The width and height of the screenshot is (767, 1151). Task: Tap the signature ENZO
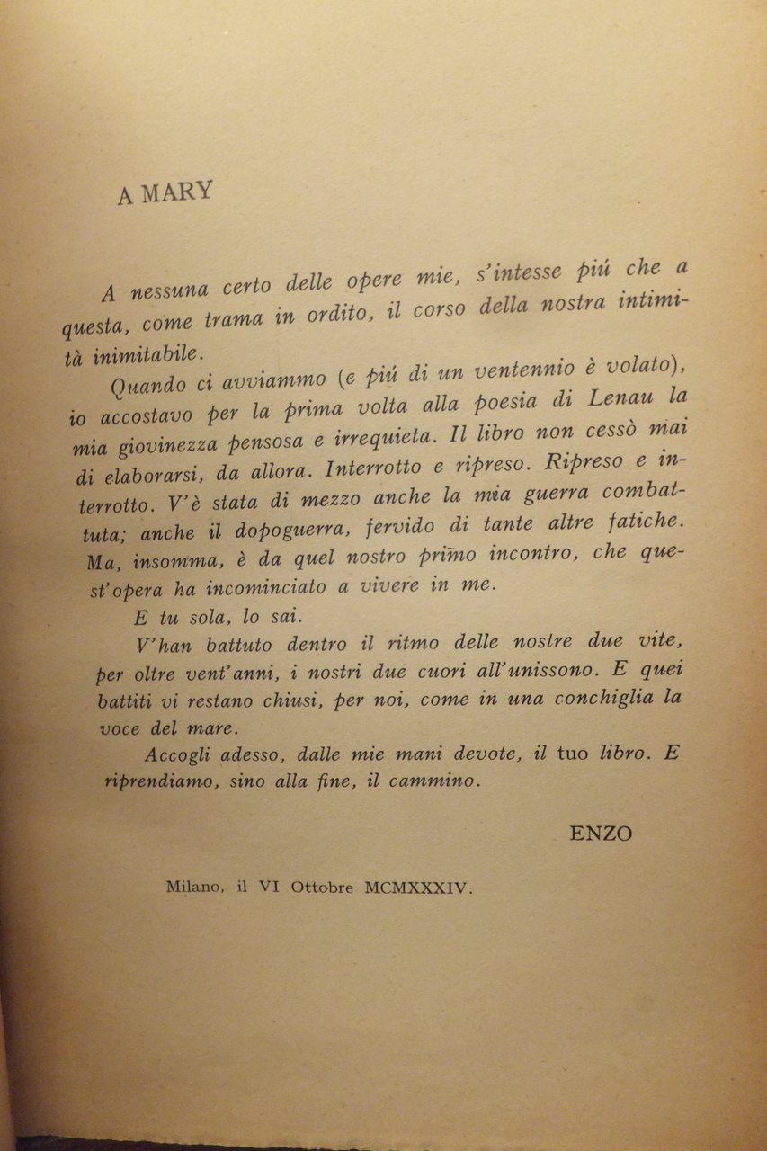(x=602, y=834)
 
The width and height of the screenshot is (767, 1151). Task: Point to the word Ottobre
(x=321, y=887)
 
